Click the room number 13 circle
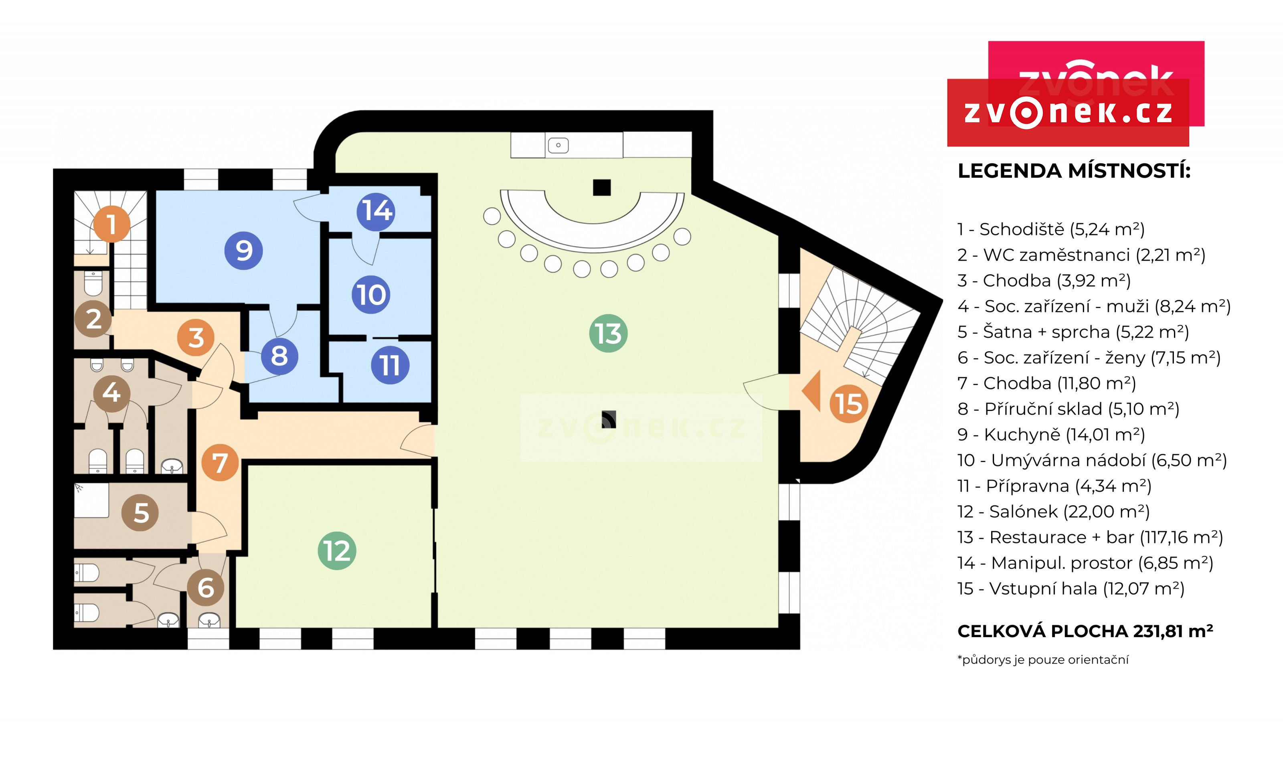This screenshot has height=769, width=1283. pyautogui.click(x=608, y=333)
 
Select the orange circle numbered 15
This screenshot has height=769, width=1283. pyautogui.click(x=849, y=403)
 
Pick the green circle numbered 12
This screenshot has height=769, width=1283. pyautogui.click(x=337, y=550)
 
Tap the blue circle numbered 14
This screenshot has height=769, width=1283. pyautogui.click(x=376, y=211)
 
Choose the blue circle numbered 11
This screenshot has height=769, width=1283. pyautogui.click(x=390, y=365)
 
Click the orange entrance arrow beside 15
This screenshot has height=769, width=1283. pyautogui.click(x=811, y=391)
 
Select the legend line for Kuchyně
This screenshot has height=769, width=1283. pyautogui.click(x=1051, y=434)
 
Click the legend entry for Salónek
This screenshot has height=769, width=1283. pyautogui.click(x=1053, y=512)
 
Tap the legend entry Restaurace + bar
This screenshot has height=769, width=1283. pyautogui.click(x=1090, y=537)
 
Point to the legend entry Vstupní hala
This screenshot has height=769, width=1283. pyautogui.click(x=1071, y=588)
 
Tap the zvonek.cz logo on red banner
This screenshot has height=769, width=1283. pyautogui.click(x=1068, y=112)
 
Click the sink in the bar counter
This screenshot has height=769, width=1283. pyautogui.click(x=558, y=145)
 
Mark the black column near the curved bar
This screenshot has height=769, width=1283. pyautogui.click(x=601, y=187)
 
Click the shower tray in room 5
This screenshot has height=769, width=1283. pyautogui.click(x=92, y=501)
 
